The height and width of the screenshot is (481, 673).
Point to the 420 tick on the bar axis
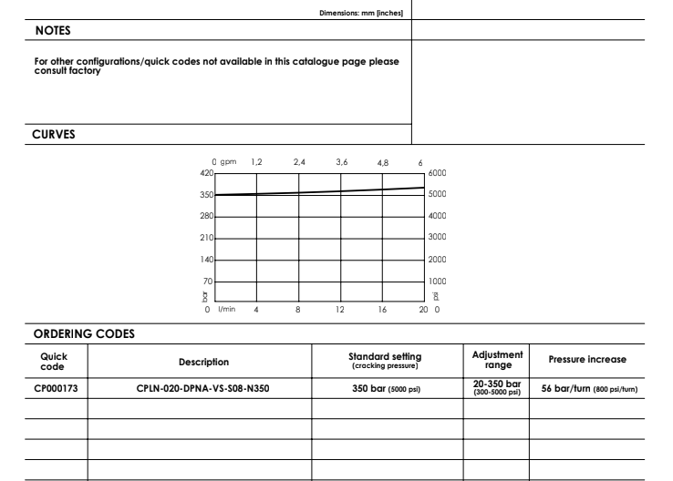coord(205,172)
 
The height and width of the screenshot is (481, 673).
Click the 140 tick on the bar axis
coord(205,260)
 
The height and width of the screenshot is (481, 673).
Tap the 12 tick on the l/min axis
coord(340,310)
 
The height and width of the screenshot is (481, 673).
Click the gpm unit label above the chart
coord(229,161)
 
